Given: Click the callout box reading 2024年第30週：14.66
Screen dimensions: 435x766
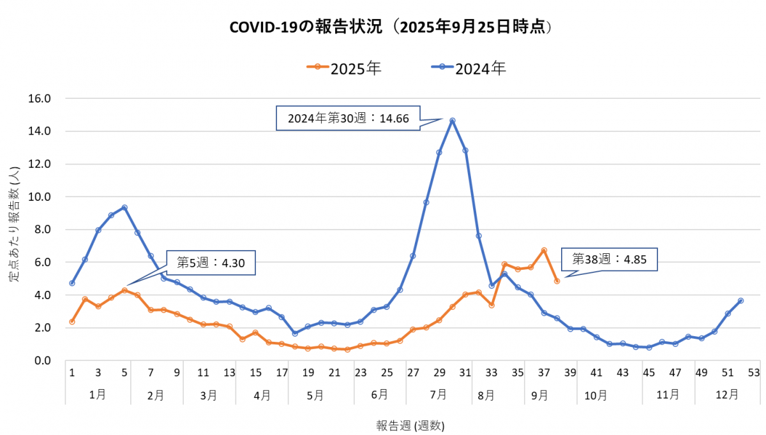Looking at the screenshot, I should coord(348,118).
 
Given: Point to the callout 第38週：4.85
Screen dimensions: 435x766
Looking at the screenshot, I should coord(608,259).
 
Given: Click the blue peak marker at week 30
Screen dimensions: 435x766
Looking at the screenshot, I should coord(452,121).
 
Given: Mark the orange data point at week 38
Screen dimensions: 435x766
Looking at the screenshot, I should coord(557,281).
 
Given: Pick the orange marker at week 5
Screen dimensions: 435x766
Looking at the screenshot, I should coord(124,290).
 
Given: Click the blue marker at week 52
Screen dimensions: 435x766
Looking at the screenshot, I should coord(740,300).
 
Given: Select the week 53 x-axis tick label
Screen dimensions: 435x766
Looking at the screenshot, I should coord(754,372).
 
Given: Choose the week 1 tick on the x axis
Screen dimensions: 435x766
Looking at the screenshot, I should coord(72,372).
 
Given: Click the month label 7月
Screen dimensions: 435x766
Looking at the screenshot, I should coord(439,395).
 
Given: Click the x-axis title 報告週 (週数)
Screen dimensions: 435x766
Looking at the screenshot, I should coord(410,425).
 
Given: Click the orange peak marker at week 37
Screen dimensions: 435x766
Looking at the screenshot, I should coord(544,251).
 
